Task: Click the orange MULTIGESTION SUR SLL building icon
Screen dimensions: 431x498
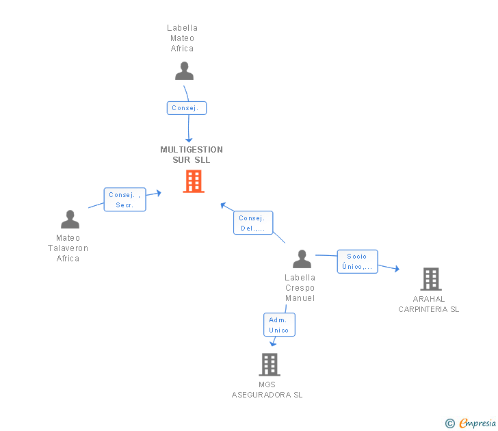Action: point(194,181)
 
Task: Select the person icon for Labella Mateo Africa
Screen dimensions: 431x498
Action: point(184,71)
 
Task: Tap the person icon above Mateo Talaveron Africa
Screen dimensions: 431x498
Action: point(70,220)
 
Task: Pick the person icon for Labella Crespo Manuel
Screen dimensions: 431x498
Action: point(302,259)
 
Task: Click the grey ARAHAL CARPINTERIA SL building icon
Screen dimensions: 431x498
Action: point(430,279)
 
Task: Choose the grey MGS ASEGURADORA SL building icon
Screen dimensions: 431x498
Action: point(270,365)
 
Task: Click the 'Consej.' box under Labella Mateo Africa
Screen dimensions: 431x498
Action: point(186,108)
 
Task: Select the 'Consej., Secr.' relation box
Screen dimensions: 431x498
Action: point(124,200)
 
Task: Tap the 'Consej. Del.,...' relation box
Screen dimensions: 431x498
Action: point(252,223)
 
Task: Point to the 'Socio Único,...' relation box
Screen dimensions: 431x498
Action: point(357,261)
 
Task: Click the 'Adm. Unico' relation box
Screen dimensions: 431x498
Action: point(279,325)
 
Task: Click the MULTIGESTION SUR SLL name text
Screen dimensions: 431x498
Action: point(192,155)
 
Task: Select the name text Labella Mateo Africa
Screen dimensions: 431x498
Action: point(182,38)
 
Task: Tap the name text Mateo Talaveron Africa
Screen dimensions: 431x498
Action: point(68,248)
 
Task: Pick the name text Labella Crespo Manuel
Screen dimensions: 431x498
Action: point(300,288)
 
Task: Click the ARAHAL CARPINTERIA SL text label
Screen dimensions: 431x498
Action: point(429,304)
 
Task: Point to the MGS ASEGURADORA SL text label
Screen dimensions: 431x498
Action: point(267,390)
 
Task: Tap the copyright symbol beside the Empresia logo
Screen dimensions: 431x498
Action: point(450,424)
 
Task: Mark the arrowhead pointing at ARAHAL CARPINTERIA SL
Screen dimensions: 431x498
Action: point(396,269)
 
